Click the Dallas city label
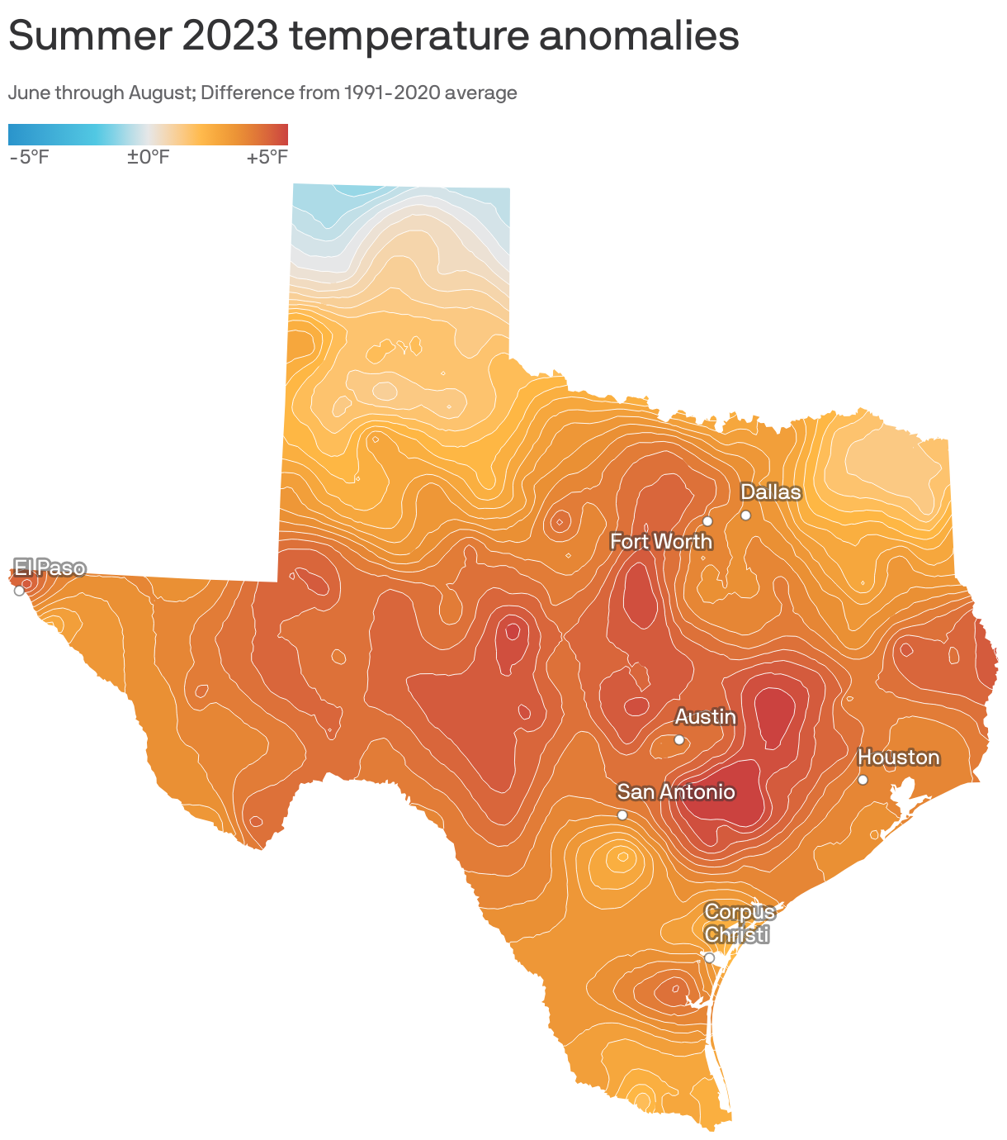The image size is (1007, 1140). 770,492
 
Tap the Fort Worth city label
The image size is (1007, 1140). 660,542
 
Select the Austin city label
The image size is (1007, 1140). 705,717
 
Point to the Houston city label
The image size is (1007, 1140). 898,758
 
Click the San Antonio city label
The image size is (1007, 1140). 675,792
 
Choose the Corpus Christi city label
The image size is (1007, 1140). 740,924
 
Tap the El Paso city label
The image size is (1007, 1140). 50,568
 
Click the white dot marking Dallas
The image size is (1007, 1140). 745,515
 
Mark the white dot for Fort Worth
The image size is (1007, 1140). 707,521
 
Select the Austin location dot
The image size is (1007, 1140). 679,740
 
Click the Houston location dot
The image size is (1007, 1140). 863,780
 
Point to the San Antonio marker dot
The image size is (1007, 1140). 622,815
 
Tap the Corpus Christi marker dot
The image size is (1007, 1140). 709,957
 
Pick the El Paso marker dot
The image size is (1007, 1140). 19,591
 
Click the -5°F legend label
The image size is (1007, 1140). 29,157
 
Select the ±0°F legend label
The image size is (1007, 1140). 148,157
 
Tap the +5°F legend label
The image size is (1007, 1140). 267,157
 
